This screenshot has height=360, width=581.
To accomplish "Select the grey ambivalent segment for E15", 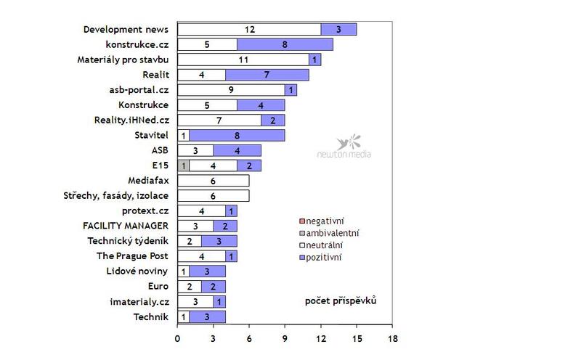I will coord(183,165).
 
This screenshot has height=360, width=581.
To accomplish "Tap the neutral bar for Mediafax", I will coord(213,181).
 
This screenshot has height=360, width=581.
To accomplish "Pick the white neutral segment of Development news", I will coord(249,29).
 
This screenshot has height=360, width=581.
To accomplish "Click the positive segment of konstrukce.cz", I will coord(285,44).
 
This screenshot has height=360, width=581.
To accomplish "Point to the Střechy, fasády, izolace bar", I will coord(213,196).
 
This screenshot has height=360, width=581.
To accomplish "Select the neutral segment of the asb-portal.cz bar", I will coord(231,90).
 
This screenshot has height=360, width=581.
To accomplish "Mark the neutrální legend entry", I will coord(328,245).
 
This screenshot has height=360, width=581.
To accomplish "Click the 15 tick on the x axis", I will coord(357,337).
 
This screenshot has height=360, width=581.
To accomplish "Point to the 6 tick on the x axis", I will coord(249,337).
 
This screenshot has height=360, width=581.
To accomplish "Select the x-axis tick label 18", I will coord(392,337).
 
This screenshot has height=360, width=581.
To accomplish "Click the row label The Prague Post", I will coord(132,256).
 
